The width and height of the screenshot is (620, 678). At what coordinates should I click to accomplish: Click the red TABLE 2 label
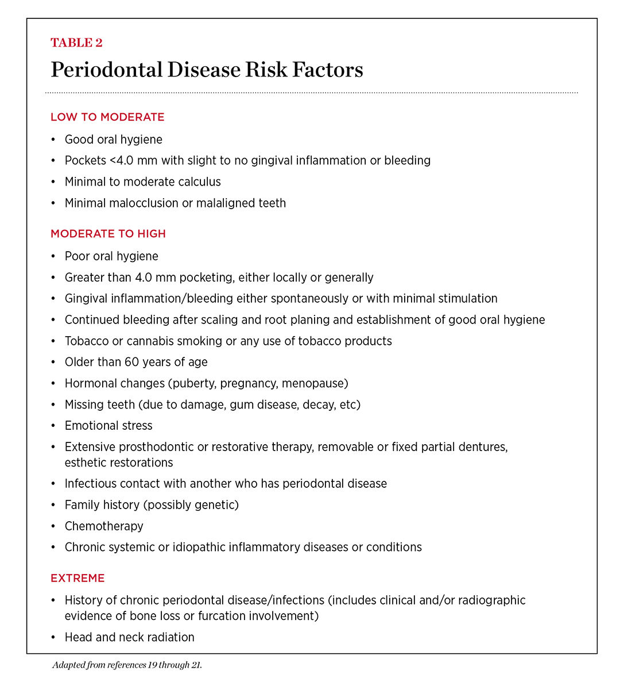(x=76, y=43)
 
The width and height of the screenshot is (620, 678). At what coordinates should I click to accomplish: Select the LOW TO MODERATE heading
(x=107, y=117)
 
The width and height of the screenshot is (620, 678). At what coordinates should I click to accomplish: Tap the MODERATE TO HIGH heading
(x=108, y=234)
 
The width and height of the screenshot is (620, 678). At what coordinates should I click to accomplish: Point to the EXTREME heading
(x=77, y=578)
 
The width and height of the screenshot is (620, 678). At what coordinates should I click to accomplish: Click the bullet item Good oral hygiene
(x=113, y=140)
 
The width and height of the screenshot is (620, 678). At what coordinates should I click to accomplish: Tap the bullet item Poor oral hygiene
(x=111, y=256)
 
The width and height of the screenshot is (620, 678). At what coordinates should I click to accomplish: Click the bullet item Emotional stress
(x=108, y=426)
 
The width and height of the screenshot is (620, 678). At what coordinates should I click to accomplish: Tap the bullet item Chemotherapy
(x=104, y=526)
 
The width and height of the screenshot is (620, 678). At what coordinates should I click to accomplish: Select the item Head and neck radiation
(x=129, y=638)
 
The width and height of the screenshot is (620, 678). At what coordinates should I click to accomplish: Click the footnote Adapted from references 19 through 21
(x=127, y=666)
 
